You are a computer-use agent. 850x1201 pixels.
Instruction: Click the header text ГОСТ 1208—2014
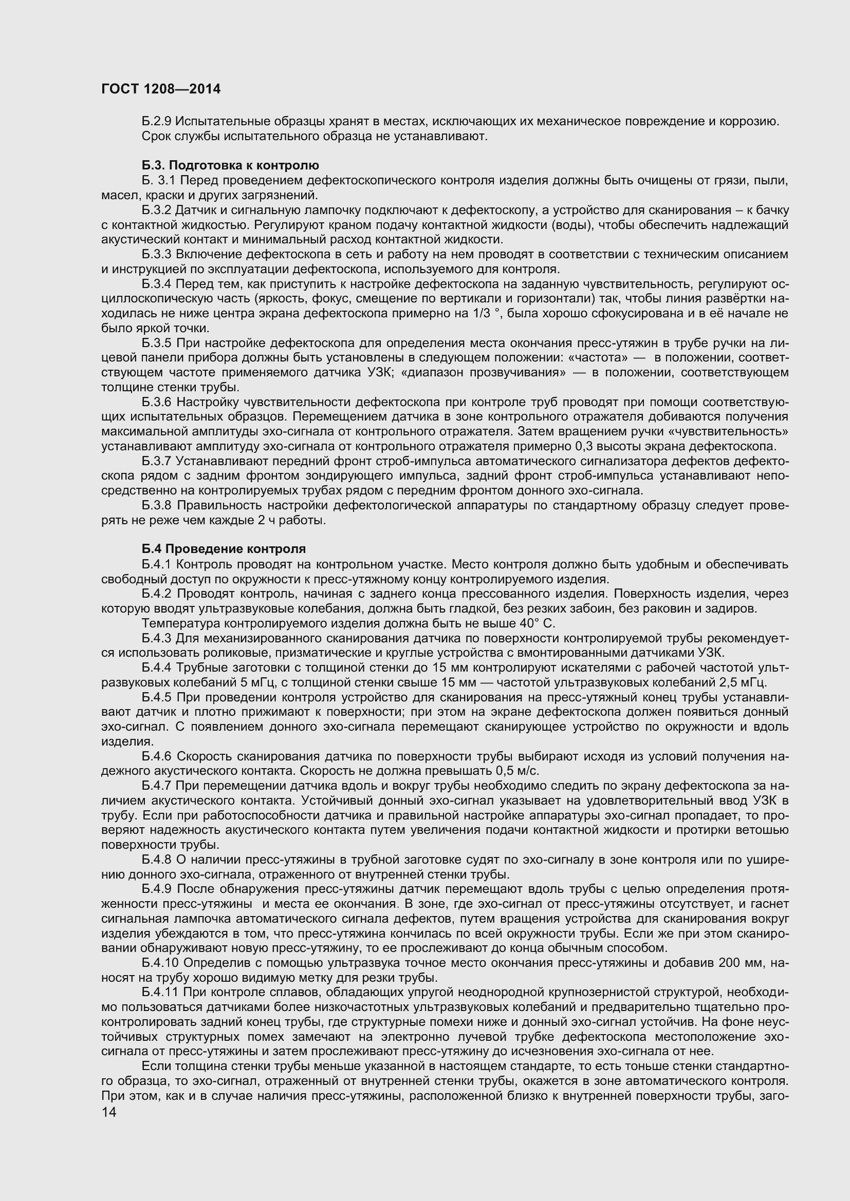(x=161, y=89)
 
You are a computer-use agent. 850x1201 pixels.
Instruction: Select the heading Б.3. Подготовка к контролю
(x=230, y=166)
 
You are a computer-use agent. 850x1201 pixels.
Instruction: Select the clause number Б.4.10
(x=160, y=963)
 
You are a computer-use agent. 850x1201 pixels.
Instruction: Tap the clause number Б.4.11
(x=160, y=993)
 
